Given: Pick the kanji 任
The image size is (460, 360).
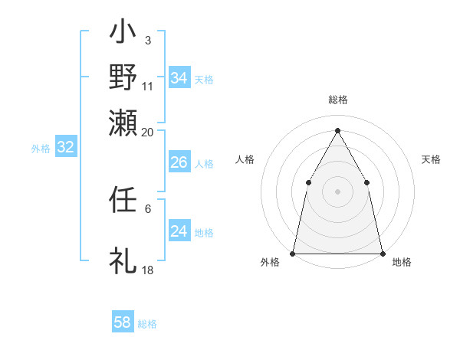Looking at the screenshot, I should [123, 201].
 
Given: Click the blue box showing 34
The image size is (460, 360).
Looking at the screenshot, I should [179, 78].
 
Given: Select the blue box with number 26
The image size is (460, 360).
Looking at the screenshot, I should [179, 162].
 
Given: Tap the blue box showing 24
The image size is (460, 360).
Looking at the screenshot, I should [179, 231].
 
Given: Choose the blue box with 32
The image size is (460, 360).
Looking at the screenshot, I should [66, 148].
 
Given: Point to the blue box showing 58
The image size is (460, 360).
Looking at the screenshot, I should [123, 322].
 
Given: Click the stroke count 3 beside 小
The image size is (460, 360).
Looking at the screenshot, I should [148, 39].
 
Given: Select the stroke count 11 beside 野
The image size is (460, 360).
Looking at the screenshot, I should [148, 87].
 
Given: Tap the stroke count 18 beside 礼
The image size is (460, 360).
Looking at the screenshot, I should [148, 270].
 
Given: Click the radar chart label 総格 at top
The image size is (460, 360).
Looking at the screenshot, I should [337, 100].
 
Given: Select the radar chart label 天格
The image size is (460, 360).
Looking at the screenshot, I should [432, 159].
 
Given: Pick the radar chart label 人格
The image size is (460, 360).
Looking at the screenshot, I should [245, 159].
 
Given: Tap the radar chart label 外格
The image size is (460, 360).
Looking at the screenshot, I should [270, 262].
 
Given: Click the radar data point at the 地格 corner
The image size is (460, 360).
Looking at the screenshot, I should [382, 253].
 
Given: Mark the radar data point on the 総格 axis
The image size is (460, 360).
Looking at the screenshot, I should [337, 130].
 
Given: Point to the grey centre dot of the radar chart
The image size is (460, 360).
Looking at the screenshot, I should [337, 191].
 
